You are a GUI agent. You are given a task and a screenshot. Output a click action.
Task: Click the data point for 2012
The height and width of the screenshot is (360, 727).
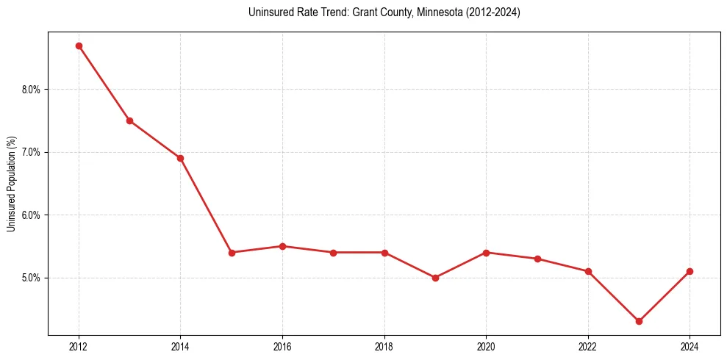79,46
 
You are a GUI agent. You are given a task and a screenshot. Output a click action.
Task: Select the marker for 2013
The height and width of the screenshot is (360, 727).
129,120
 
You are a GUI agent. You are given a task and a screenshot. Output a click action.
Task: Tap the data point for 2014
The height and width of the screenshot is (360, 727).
180,158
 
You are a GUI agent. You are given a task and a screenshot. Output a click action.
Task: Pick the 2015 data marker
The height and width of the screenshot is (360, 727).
232,252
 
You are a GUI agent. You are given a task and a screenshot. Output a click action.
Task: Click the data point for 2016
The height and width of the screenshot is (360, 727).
282,246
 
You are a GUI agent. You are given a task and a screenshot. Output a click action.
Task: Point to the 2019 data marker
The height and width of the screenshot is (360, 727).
435,278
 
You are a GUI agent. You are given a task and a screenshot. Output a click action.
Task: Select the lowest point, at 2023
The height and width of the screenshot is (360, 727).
639,321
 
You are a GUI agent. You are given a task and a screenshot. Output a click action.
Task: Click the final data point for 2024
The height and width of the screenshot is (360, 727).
690,271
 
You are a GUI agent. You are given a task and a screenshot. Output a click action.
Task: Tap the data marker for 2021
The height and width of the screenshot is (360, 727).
537,259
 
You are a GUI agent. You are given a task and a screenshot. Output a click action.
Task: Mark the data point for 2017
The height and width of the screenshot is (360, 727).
333,252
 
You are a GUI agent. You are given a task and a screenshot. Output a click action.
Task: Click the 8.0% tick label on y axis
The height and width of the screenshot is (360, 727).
32,90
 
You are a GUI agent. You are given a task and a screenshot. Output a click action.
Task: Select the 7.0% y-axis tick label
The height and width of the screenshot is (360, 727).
32,152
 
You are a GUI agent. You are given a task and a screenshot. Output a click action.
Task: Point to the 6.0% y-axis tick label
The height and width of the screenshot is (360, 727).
32,215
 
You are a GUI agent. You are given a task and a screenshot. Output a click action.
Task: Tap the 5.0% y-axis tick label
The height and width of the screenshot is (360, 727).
32,278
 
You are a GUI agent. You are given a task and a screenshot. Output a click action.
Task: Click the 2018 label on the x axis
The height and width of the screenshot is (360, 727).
384,347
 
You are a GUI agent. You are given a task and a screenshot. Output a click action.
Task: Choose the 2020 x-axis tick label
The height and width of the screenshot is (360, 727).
486,347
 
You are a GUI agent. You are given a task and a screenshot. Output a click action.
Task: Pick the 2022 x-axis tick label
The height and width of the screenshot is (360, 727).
588,347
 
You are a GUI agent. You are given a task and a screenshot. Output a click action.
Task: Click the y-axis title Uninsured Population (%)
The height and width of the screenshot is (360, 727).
11,184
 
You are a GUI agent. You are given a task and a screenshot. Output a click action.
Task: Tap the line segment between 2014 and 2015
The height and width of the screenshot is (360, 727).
206,205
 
